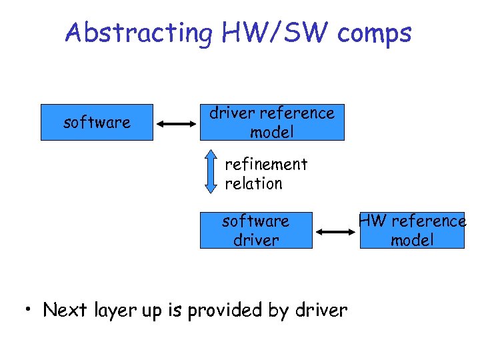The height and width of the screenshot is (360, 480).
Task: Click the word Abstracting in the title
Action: (x=137, y=33)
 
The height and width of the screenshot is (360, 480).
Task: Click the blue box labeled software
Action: (x=97, y=123)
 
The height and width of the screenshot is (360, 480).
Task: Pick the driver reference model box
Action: (x=272, y=123)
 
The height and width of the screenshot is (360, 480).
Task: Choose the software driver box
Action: (x=256, y=230)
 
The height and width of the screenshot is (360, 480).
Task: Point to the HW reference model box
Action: (x=412, y=230)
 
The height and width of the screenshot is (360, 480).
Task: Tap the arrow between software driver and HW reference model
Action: (x=336, y=232)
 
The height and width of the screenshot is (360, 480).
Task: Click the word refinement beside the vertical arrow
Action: (x=266, y=164)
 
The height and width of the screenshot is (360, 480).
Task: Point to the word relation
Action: (x=253, y=183)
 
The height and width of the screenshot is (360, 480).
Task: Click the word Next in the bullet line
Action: (x=65, y=310)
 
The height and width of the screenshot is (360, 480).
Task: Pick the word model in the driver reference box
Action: (x=272, y=133)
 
